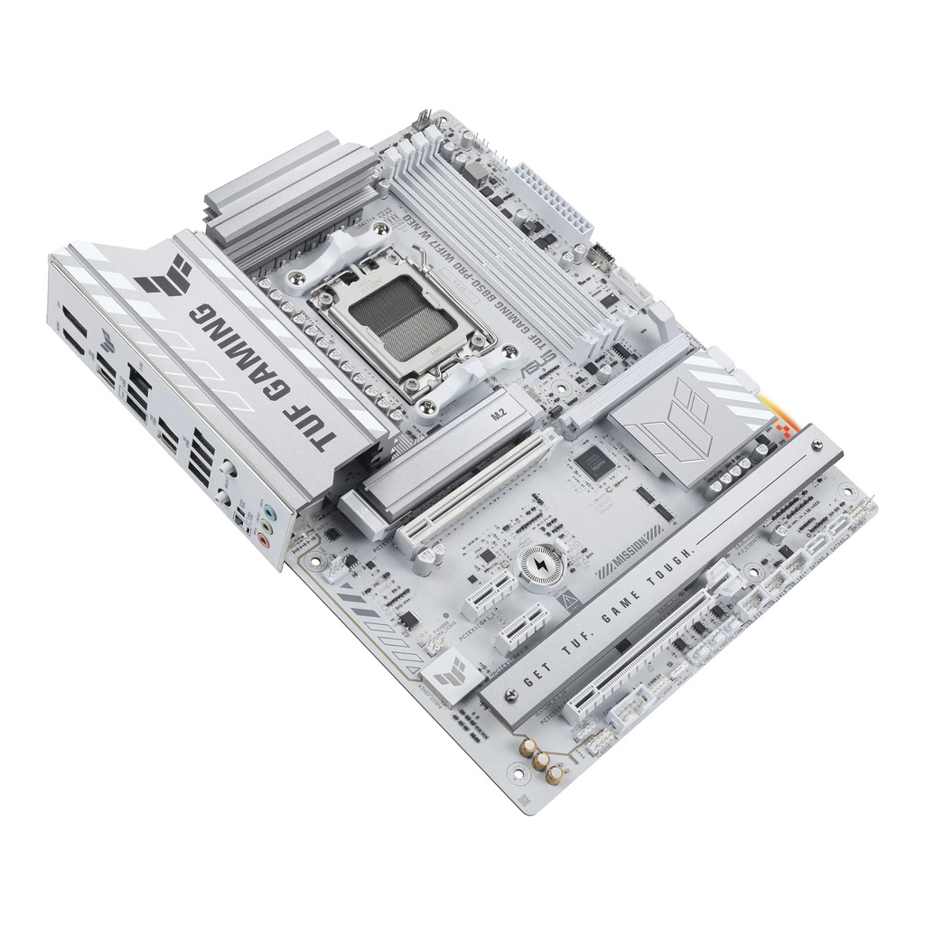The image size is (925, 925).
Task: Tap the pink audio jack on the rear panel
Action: pos(263,541)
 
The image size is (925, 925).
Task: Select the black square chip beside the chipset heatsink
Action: pos(592,462)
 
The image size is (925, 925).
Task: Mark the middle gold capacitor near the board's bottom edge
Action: pos(541,762)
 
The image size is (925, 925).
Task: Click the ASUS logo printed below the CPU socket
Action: pos(527,369)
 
